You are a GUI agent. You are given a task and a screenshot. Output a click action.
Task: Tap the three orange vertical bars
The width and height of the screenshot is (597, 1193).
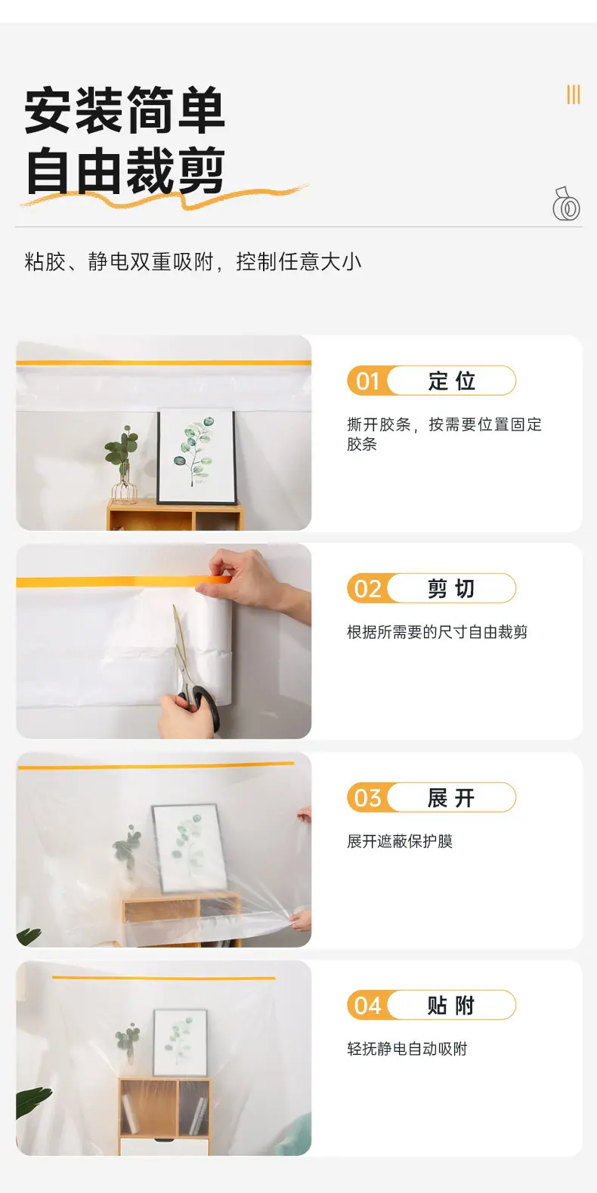pos(573,94)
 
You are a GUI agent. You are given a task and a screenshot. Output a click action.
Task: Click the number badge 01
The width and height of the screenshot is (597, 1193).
pos(367,381)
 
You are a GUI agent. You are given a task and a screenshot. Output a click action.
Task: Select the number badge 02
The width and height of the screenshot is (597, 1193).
pos(367,588)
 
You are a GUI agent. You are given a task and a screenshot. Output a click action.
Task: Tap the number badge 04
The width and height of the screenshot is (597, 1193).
pos(367,1006)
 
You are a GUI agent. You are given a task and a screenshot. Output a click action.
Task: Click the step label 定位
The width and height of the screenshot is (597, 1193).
pos(451,381)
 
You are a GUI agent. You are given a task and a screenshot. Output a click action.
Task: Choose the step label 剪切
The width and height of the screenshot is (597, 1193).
pos(451,588)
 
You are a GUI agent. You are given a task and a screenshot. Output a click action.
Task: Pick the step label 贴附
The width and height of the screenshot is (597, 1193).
pos(451,1006)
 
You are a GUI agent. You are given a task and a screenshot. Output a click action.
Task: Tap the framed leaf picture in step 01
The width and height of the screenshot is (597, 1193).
pos(196,456)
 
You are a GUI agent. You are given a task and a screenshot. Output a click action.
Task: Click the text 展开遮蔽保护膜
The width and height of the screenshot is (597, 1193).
pos(400,841)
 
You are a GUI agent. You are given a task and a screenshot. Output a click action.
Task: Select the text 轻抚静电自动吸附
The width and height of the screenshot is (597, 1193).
pos(407,1049)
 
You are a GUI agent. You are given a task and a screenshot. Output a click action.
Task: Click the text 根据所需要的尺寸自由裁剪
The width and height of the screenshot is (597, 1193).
pos(437,632)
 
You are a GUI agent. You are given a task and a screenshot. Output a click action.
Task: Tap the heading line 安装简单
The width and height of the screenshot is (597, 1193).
pos(125,109)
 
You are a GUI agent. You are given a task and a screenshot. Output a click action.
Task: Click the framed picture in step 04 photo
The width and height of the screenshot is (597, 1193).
pos(180,1042)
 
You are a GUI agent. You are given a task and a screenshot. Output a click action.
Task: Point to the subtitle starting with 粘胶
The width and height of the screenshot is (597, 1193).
pos(193,261)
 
